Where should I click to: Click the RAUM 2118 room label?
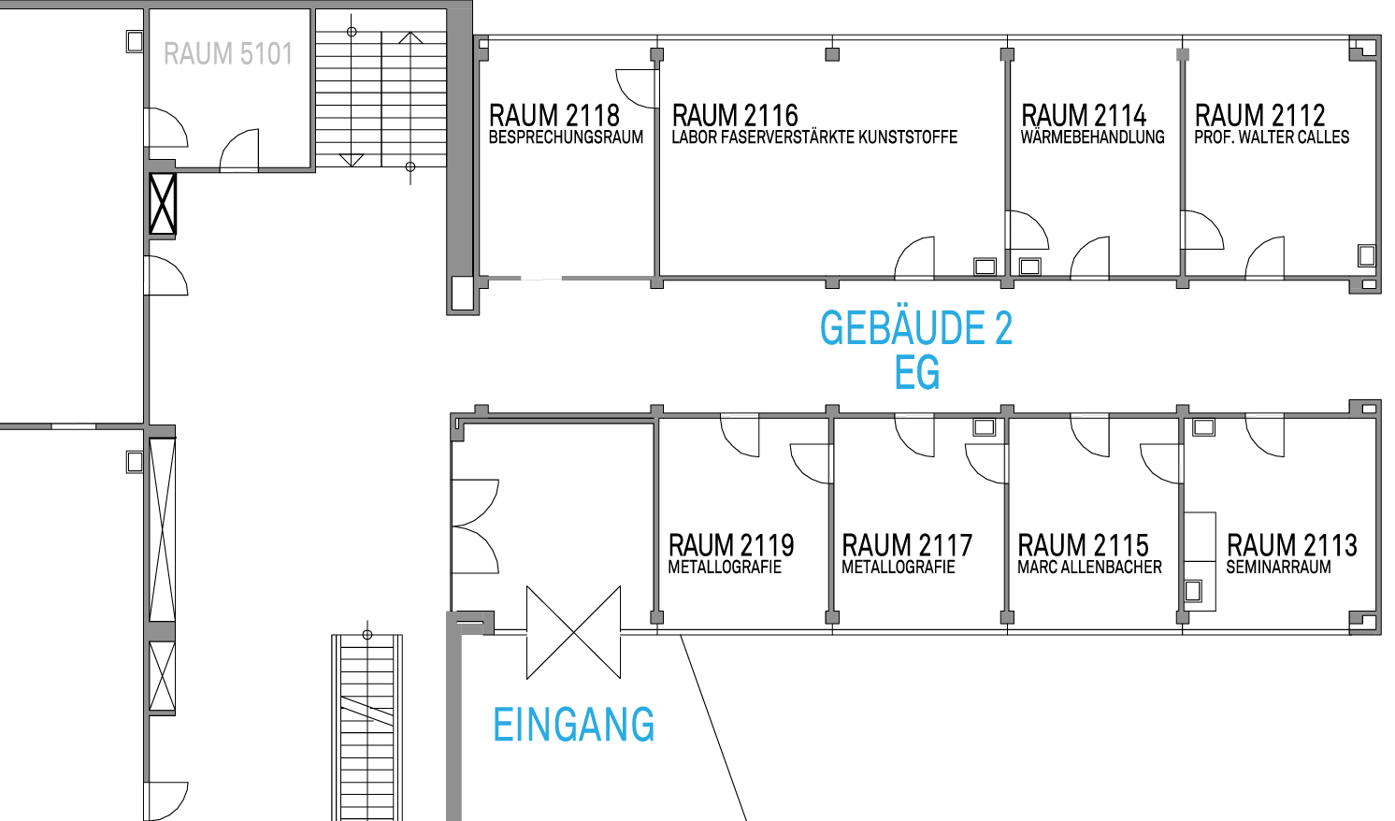(x=554, y=116)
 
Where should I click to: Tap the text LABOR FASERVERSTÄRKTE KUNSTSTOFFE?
(x=814, y=137)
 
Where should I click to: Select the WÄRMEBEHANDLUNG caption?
(x=1092, y=137)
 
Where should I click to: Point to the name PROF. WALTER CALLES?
(x=1272, y=137)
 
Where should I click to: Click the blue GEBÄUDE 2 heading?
(x=916, y=328)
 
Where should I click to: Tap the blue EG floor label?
(x=916, y=372)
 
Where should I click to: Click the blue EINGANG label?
(x=573, y=725)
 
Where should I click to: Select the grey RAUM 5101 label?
(x=228, y=53)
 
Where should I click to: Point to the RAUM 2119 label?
(x=731, y=546)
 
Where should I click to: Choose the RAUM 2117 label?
(x=907, y=546)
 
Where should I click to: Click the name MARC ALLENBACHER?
(x=1089, y=568)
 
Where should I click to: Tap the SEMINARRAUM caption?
(x=1278, y=568)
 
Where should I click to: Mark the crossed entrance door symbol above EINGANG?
(x=573, y=632)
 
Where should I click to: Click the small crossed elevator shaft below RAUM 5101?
(x=163, y=205)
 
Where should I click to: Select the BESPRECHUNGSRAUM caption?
(x=566, y=137)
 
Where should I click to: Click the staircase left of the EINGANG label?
(x=367, y=726)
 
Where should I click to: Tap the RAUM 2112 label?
(x=1259, y=116)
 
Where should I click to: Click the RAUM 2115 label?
(x=1083, y=546)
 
